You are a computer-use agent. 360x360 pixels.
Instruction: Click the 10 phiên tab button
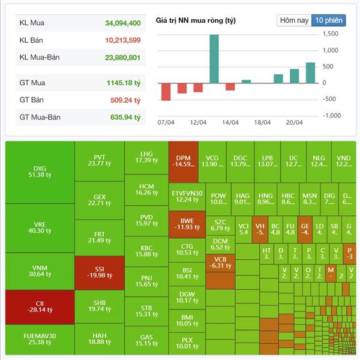[329, 20]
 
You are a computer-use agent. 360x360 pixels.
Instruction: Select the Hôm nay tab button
[295, 20]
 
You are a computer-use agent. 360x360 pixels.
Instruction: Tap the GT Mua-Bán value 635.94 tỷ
[125, 117]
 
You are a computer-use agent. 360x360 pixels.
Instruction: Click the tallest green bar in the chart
[214, 58]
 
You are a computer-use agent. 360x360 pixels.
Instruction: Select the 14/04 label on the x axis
[230, 122]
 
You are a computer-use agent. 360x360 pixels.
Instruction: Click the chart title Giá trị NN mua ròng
[196, 20]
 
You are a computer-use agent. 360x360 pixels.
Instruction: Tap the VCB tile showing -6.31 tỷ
[220, 262]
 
